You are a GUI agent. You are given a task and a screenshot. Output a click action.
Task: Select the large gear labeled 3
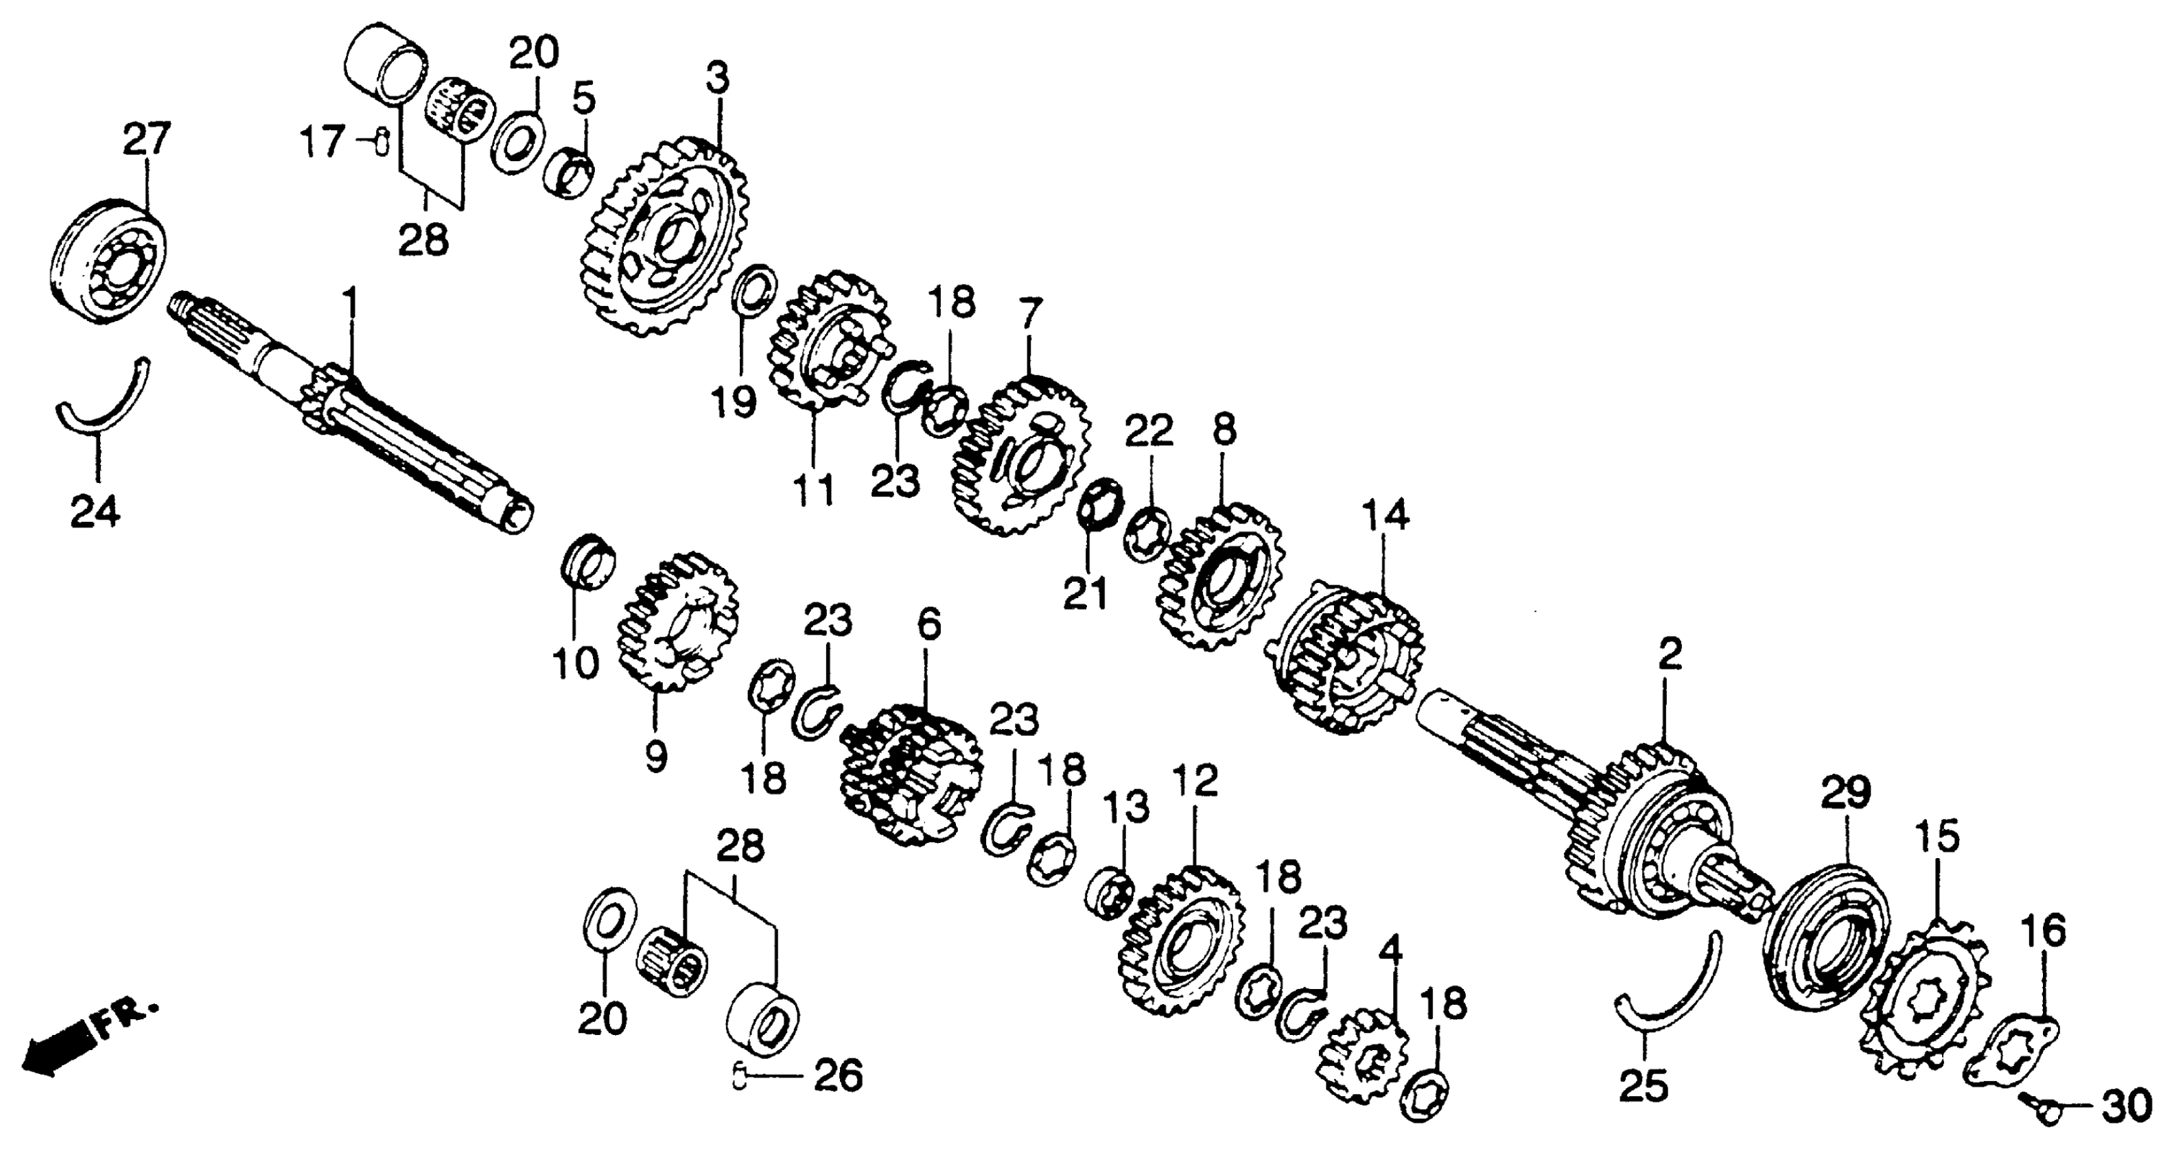(664, 239)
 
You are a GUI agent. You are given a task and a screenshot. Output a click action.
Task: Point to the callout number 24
(95, 511)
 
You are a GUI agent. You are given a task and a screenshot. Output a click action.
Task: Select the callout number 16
(2042, 932)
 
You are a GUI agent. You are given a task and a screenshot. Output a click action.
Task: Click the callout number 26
(838, 1075)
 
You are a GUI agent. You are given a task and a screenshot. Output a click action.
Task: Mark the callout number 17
(324, 141)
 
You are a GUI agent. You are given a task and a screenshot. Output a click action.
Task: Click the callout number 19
(732, 402)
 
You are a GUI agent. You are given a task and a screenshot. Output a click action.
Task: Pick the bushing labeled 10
(588, 560)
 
